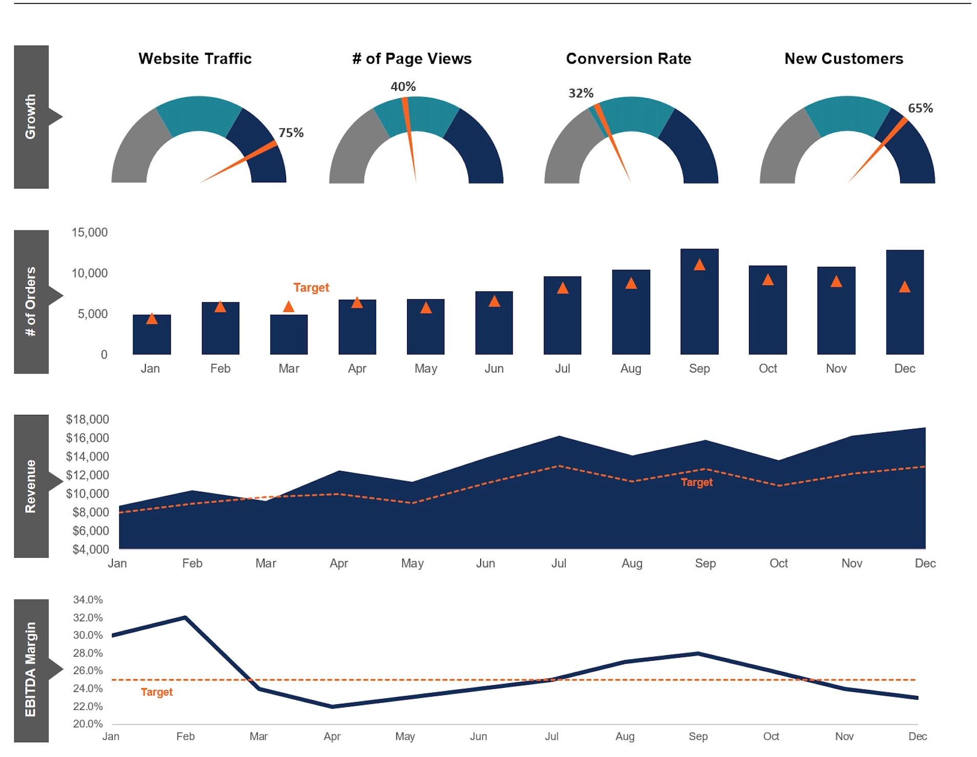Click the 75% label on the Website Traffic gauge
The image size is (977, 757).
coord(291,133)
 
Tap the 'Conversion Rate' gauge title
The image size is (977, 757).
coord(628,59)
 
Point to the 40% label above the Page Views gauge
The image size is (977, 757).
coord(403,87)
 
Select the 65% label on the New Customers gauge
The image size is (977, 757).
coord(920,108)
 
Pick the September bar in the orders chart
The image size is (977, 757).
coord(699,307)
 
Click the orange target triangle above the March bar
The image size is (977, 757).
coord(289,307)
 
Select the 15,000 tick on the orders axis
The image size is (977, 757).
coord(89,233)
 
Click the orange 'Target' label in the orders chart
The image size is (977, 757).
coord(311,288)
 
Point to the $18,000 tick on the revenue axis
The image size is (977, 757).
coord(88,419)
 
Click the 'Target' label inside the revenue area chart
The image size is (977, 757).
coord(696,482)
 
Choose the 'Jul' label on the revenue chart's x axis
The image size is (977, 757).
coord(558,563)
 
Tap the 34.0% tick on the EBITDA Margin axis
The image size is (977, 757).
coord(88,600)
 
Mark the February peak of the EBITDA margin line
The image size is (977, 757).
coord(185,618)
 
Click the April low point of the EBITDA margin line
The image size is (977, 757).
coord(332,706)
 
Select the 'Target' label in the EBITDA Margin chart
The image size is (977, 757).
coord(157,692)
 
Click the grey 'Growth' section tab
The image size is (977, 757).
coord(31,117)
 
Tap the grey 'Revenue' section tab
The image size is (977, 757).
coord(31,486)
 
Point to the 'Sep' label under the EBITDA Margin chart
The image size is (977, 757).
coord(698,737)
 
